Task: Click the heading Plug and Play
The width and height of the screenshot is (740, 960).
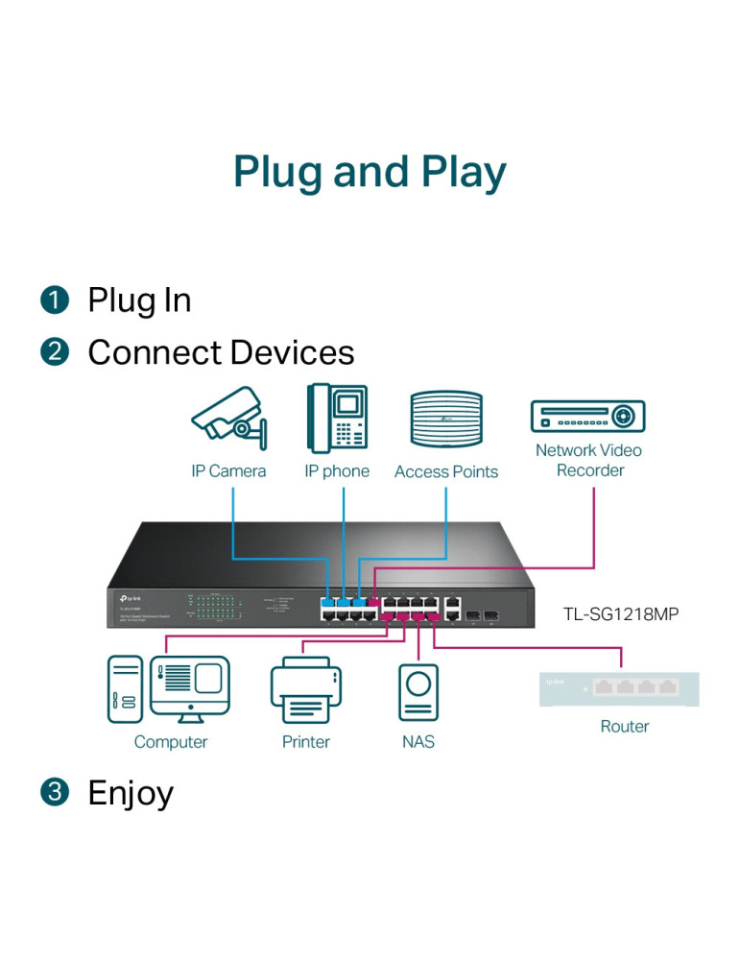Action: click(370, 173)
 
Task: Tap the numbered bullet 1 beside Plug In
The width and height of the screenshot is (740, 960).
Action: click(55, 300)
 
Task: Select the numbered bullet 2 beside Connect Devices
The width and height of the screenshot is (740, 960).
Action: click(55, 352)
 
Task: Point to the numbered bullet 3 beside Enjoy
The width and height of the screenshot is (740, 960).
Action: click(55, 793)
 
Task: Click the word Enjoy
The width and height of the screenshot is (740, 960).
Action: click(131, 793)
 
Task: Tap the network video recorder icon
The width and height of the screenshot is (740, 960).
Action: click(587, 417)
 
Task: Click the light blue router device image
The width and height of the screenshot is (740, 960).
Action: click(619, 689)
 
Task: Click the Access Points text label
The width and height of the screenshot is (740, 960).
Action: click(446, 471)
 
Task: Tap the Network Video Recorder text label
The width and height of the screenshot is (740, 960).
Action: click(588, 460)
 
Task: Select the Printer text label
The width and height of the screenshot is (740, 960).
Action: click(306, 742)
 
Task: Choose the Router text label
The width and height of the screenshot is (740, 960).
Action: click(625, 727)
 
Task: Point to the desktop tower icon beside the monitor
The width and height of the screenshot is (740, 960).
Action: click(125, 688)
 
